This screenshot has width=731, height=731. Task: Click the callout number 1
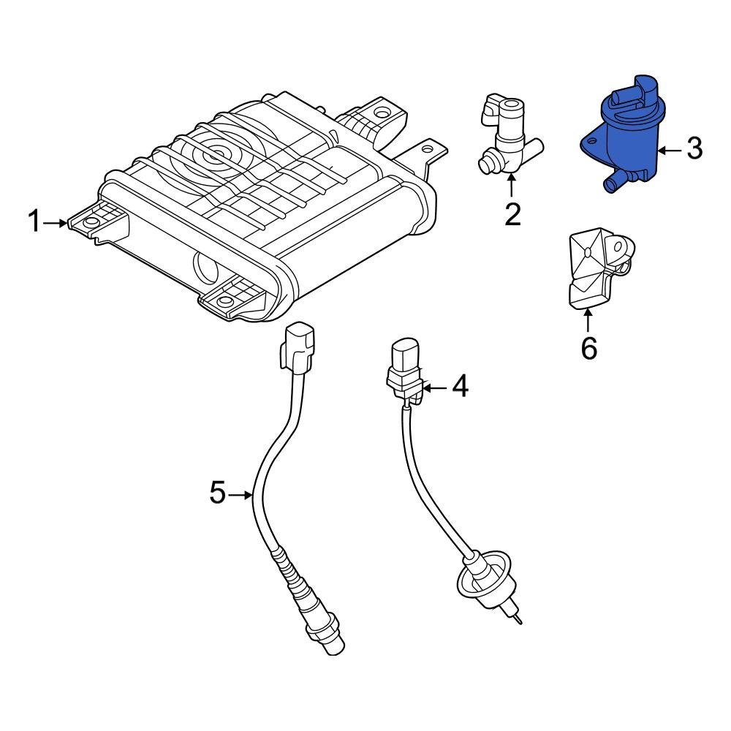[x=34, y=221]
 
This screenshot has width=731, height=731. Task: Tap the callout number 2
[x=512, y=214]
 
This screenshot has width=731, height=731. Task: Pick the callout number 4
[x=459, y=387]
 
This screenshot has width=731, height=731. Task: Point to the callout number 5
[x=217, y=493]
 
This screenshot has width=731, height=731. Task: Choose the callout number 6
[x=588, y=348]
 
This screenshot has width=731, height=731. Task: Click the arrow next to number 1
[x=56, y=222]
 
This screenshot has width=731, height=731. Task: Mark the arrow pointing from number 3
[x=668, y=150]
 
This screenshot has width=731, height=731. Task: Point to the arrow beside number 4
[x=434, y=387]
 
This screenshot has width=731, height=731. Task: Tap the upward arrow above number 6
[x=588, y=320]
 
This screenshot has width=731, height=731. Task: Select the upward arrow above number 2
[x=512, y=186]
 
